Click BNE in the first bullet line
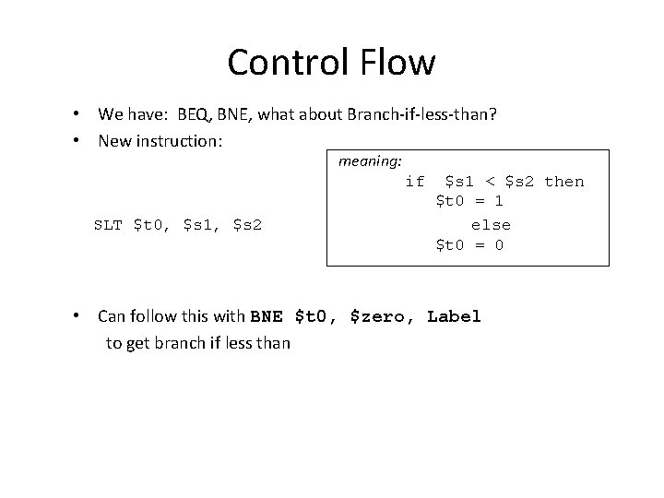click(238, 114)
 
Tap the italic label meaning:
click(370, 160)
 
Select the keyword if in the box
click(415, 182)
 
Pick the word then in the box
click(564, 182)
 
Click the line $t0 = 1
click(469, 201)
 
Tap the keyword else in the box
click(490, 225)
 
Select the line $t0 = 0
click(469, 245)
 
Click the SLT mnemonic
click(109, 224)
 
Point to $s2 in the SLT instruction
click(248, 224)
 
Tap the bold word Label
click(455, 317)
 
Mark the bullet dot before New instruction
click(81, 140)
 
